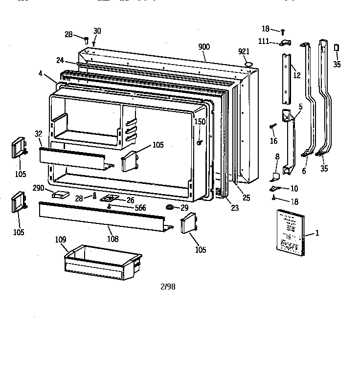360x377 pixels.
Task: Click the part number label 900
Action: point(204,46)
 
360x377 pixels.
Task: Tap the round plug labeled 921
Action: point(247,64)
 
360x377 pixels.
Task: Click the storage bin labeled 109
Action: point(103,260)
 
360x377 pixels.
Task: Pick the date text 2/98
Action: point(167,287)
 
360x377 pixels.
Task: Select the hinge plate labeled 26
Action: point(111,199)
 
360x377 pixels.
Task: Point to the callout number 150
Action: point(200,121)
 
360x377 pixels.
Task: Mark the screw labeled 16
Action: point(270,127)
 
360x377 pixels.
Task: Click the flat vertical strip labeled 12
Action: point(286,78)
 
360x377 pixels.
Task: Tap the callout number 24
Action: point(60,60)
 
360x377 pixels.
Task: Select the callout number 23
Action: point(235,207)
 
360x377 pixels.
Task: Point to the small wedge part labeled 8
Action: point(275,174)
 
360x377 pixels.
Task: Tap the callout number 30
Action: point(97,31)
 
